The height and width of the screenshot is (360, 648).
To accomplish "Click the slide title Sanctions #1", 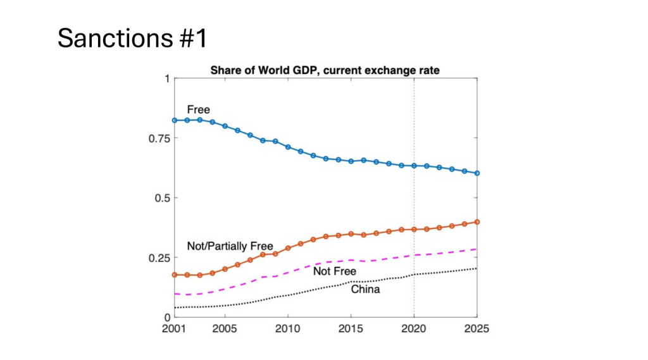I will pyautogui.click(x=132, y=39).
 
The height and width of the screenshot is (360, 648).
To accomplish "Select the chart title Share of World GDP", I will pyautogui.click(x=325, y=70).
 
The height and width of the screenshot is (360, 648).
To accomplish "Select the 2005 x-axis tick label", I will pyautogui.click(x=225, y=329).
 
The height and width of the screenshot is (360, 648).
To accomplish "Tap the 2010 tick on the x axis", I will pyautogui.click(x=288, y=329).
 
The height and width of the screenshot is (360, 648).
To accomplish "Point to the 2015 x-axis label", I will pyautogui.click(x=351, y=329).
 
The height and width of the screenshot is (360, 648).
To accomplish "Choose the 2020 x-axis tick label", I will pyautogui.click(x=414, y=329).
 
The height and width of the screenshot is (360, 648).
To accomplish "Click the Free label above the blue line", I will pyautogui.click(x=198, y=110).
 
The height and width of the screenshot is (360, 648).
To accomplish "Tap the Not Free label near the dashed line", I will pyautogui.click(x=335, y=271).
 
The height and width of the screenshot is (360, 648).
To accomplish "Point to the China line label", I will pyautogui.click(x=365, y=290).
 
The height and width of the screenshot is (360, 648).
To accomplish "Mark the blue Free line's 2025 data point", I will pyautogui.click(x=477, y=173).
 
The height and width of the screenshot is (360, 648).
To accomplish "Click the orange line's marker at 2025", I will pyautogui.click(x=477, y=222).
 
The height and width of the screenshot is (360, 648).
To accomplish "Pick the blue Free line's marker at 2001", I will pyautogui.click(x=175, y=120).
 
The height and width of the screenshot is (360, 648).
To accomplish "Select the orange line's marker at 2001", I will pyautogui.click(x=175, y=275).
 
